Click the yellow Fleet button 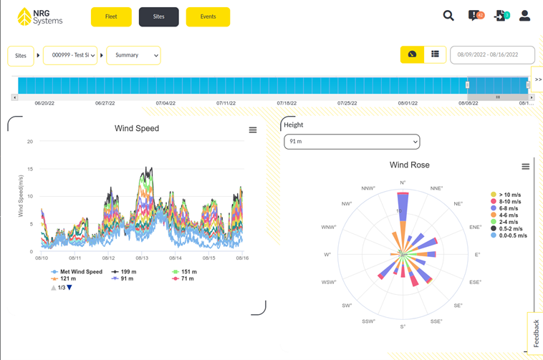[x=111, y=16]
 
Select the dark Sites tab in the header [x=159, y=16]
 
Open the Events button [x=208, y=16]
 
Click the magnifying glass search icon [x=448, y=16]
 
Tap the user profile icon [x=524, y=16]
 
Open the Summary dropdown [x=134, y=55]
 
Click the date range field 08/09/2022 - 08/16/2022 [x=492, y=55]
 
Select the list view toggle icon [x=435, y=54]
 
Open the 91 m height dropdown [x=352, y=142]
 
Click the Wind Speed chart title [x=137, y=129]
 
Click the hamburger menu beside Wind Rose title [x=525, y=167]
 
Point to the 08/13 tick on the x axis [x=142, y=258]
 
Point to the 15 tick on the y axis [x=29, y=169]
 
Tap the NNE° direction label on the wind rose [x=437, y=189]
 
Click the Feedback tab [x=536, y=334]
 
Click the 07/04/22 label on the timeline [x=165, y=103]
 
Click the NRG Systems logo [x=40, y=16]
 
